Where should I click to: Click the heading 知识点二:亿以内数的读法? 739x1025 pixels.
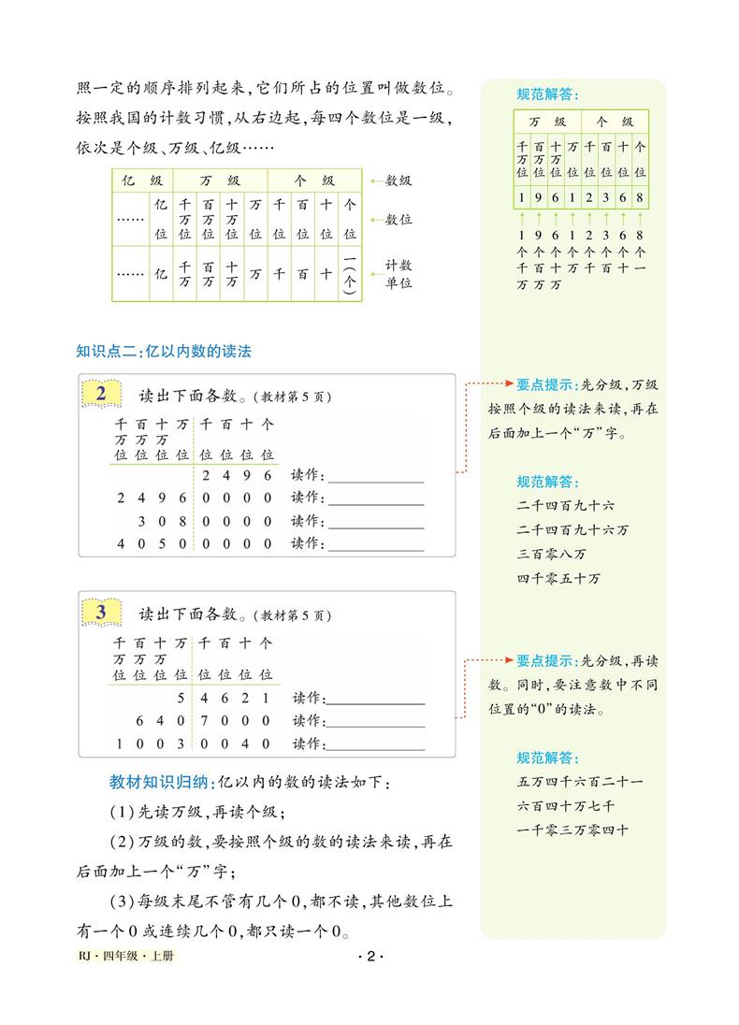(164, 352)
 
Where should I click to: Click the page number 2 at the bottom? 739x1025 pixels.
(371, 957)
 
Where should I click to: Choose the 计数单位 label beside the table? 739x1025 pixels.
(399, 274)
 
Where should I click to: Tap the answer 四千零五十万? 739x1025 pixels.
(558, 578)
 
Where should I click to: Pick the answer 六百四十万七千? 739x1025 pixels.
(565, 806)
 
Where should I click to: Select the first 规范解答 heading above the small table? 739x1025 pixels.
(547, 94)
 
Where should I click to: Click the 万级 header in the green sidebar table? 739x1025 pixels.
(547, 122)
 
